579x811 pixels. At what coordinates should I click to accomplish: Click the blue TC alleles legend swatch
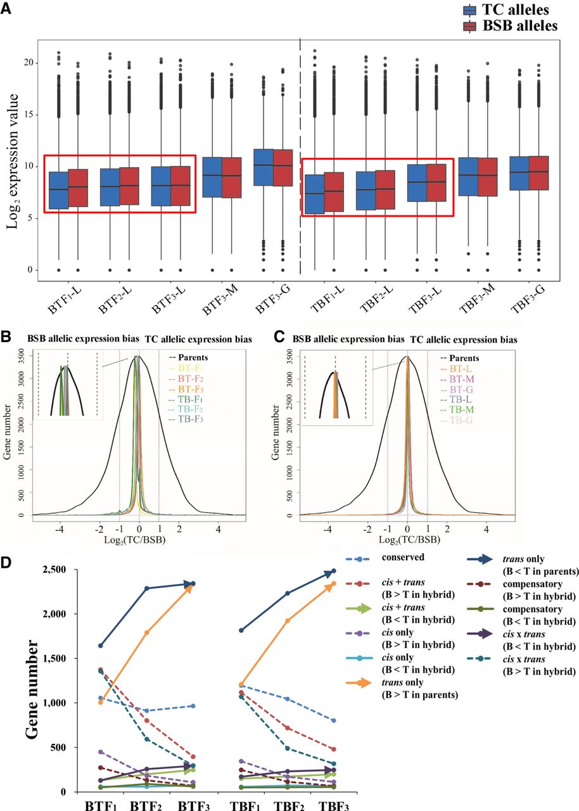tap(471, 10)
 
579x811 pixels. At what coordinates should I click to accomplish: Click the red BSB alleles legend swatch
tap(471, 25)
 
